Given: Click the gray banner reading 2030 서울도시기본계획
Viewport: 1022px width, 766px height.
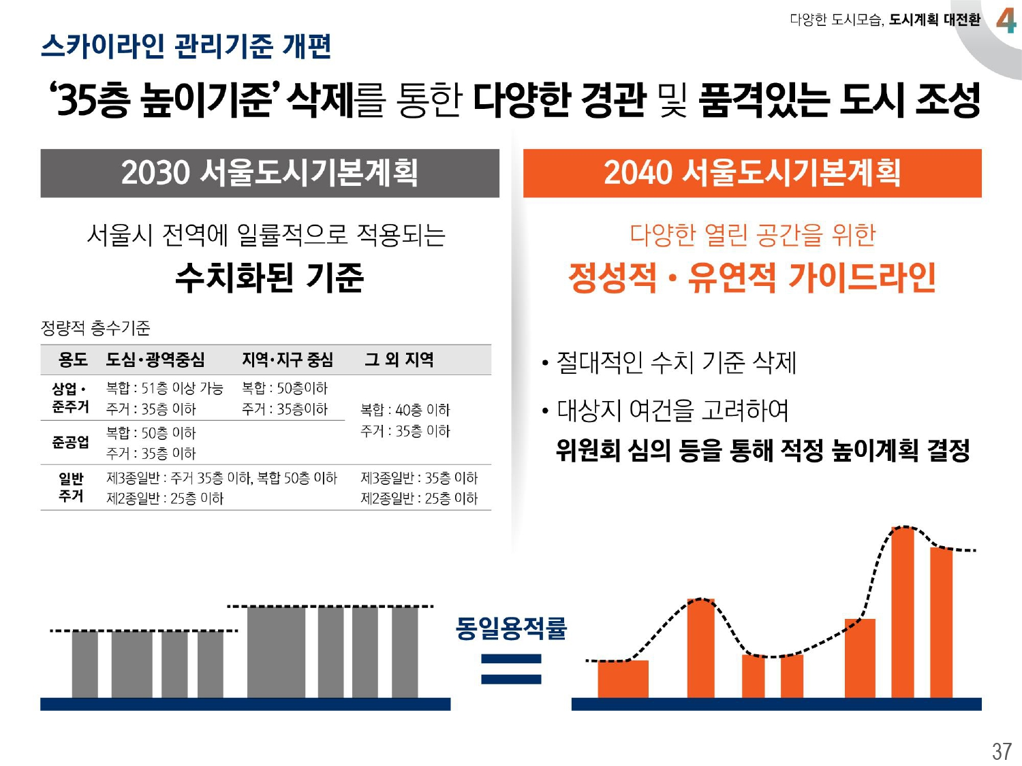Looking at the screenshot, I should point(270,173).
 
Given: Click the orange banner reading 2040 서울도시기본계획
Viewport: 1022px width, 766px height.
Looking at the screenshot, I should point(752,173).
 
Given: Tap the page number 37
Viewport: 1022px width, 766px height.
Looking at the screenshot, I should point(1001,751).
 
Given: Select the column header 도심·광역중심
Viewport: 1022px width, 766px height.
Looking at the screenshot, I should point(155,359).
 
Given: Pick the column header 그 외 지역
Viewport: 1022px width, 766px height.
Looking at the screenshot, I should point(399,359).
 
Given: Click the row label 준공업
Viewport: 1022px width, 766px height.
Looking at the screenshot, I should point(70,442).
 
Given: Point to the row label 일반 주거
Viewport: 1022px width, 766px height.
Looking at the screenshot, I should point(71,488).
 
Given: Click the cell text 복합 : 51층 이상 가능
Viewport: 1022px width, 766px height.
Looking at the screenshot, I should point(164,388).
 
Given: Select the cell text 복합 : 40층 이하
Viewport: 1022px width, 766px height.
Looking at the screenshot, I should point(405,410).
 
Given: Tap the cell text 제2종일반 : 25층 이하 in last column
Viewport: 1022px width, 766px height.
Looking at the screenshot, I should point(418,498).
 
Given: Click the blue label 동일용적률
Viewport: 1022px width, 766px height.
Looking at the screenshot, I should point(510,628).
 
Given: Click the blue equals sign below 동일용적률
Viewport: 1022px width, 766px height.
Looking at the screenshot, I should point(511,669).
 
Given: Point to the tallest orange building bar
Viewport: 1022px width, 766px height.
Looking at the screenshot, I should point(903,613).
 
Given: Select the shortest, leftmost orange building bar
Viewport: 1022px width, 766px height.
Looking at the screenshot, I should point(623,679).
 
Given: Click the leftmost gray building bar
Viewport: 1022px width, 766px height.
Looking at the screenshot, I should point(85,664).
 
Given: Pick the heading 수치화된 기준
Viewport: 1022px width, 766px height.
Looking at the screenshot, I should point(270,277).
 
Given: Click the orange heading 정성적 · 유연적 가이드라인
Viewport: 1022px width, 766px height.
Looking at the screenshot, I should point(752,277).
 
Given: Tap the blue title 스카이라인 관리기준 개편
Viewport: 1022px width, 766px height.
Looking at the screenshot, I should point(186,46).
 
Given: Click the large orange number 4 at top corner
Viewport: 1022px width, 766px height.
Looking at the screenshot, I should point(1006,20).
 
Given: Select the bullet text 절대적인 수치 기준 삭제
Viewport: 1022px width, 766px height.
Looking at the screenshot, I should point(676,362).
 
